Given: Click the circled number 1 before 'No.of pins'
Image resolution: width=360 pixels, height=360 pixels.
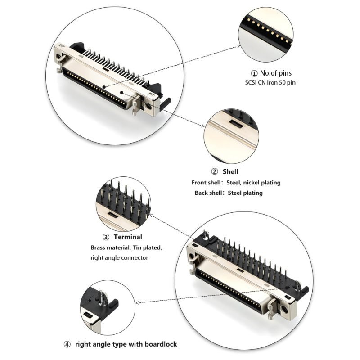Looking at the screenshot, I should pos(254,73).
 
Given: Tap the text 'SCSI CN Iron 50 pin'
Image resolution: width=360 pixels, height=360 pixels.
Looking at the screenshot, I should pos(270,82).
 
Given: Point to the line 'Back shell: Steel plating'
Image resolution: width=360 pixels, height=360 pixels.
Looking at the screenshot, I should pos(229,193).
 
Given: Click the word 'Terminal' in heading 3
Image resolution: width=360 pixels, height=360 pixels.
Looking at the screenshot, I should pos(128,237).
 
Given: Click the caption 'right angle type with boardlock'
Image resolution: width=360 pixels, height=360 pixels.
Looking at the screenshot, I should pos(126,344).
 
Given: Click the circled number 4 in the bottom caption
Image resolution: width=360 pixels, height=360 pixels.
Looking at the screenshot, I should pos(67,344).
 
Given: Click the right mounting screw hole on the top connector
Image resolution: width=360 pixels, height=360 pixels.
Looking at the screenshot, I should pos(147,107).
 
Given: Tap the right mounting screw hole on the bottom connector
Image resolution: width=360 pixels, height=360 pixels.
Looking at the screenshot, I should pos(284,310).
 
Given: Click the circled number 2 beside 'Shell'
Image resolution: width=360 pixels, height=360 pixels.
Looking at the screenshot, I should pos(215,171).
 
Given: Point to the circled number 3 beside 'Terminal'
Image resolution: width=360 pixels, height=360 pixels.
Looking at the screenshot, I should pos(106,237).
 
